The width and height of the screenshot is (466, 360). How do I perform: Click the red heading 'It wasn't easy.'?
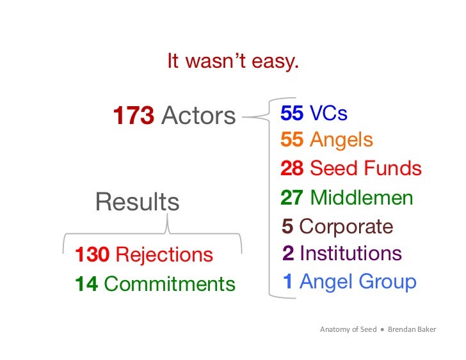232,62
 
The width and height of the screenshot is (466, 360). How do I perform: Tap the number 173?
133,116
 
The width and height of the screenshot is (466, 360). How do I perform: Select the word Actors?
198,116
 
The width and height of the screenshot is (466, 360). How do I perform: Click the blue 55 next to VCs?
292,114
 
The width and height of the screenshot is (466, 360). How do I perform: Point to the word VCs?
328,114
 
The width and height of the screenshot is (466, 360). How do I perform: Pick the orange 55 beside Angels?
292,140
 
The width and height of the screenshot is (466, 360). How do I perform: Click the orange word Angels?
341,140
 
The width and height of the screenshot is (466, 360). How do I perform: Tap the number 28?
292,168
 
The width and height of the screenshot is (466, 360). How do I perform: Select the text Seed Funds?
366,168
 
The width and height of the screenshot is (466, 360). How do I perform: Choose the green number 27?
292,198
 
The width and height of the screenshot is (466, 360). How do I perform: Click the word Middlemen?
362,198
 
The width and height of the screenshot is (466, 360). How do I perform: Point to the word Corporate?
346,227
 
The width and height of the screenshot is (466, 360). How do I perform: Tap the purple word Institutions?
350,254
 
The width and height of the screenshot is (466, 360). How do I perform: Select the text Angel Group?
358,282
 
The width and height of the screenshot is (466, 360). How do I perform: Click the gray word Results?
137,202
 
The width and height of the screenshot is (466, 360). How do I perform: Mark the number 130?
92,255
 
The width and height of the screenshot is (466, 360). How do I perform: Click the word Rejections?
164,255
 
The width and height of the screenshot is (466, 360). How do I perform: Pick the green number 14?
86,284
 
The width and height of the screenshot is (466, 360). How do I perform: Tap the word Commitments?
169,284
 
